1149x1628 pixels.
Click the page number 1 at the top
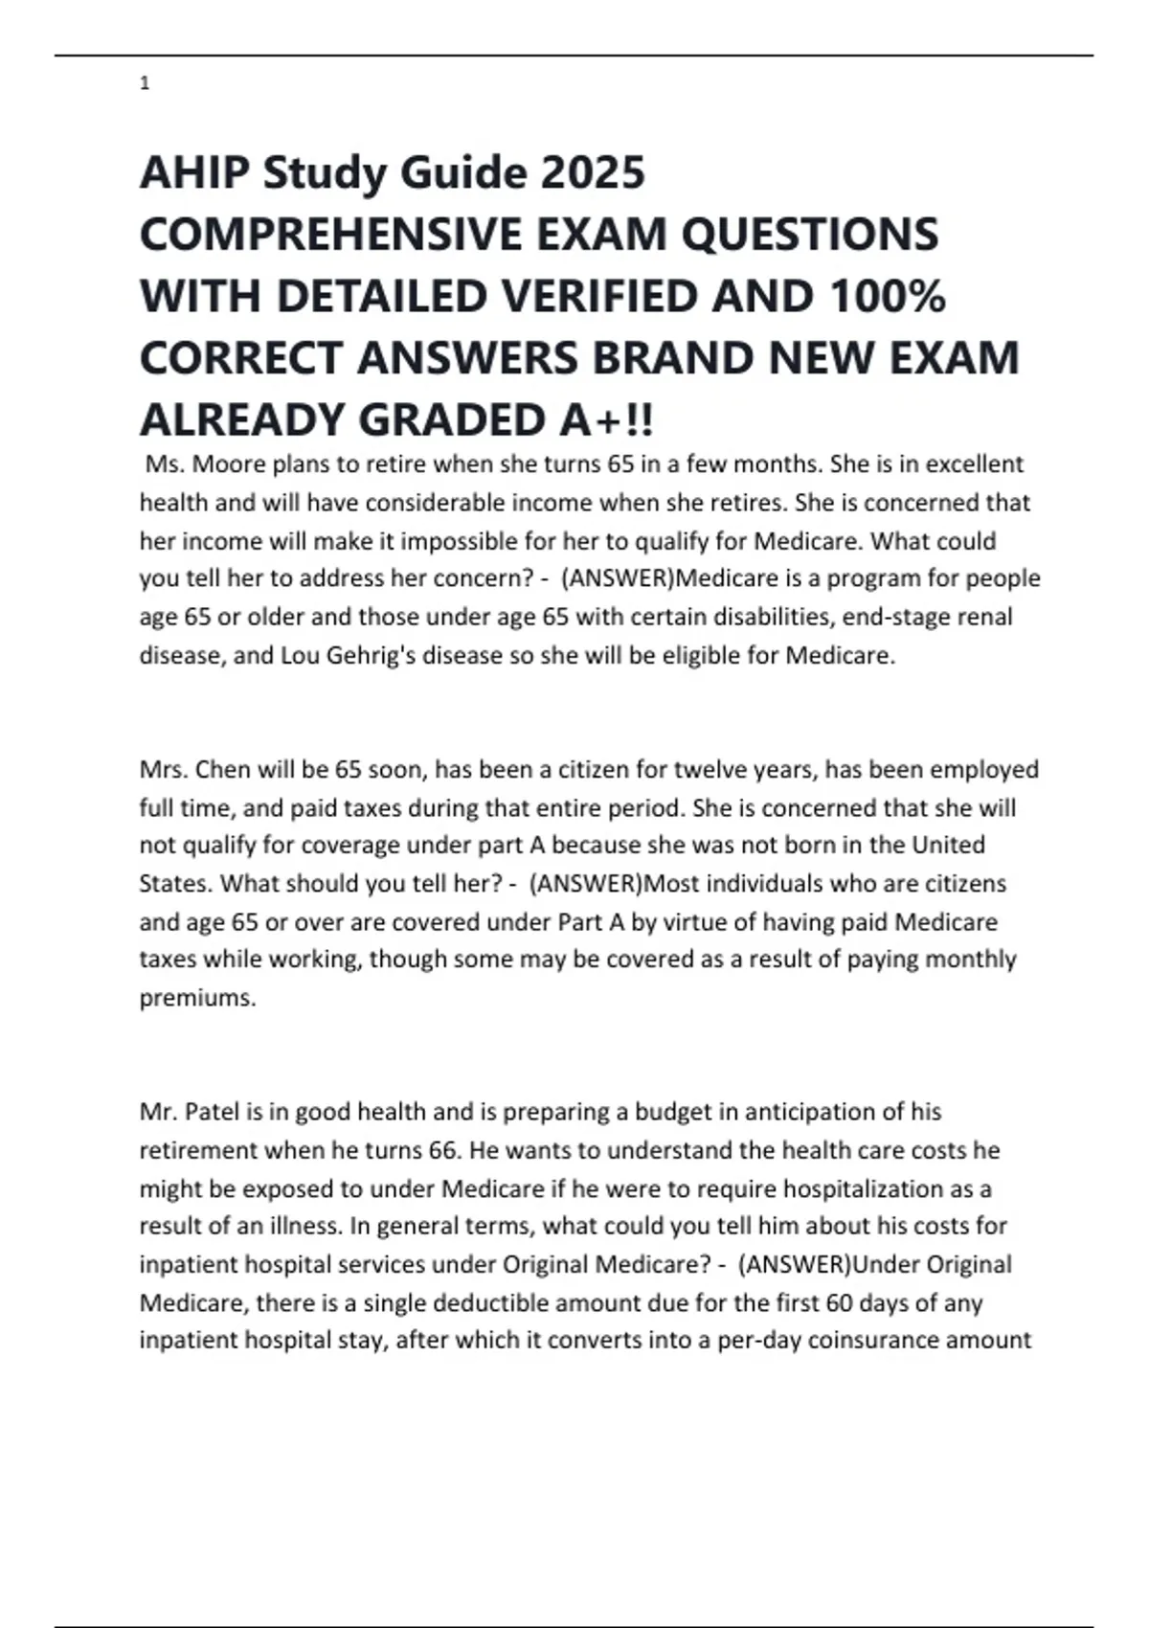coord(145,84)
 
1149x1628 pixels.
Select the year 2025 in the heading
coord(593,173)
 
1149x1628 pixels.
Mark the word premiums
coord(197,998)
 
